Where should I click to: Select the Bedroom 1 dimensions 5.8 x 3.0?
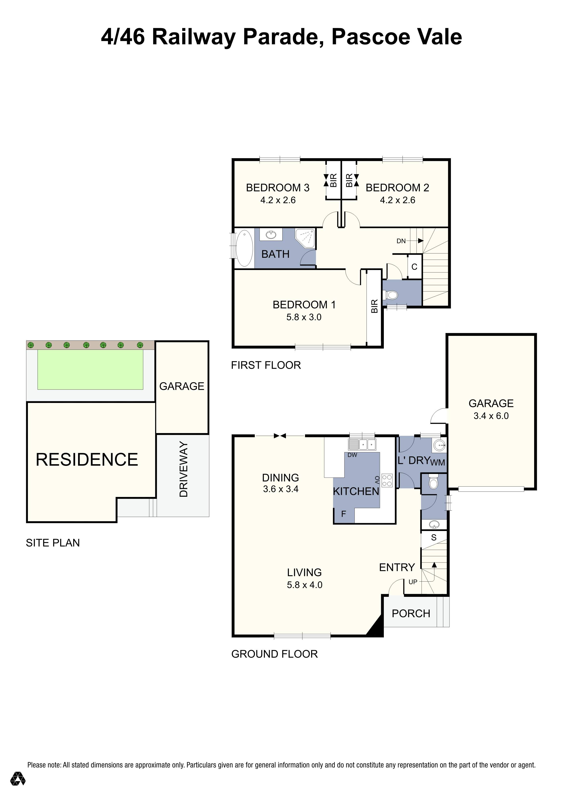coord(304,317)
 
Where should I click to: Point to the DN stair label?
coord(401,241)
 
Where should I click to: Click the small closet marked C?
coord(414,267)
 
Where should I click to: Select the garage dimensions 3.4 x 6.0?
coord(491,416)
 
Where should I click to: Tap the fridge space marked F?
coord(343,514)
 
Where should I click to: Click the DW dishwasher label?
coord(352,455)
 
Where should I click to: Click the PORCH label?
coord(411,614)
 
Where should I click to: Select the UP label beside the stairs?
coord(413,582)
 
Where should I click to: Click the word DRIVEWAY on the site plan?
coord(183,469)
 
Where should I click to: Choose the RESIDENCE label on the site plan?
coord(87,459)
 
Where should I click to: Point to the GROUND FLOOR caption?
coord(274,654)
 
